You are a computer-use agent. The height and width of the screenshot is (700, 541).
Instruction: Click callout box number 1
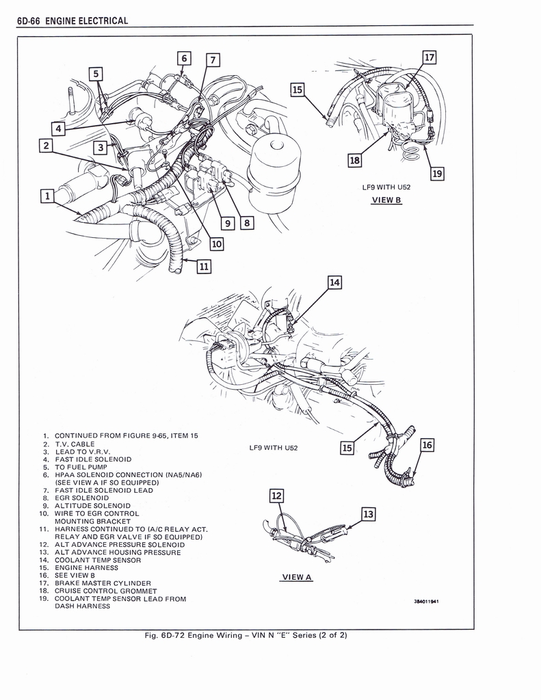click(47, 197)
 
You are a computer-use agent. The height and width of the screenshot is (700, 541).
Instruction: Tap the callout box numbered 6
click(184, 58)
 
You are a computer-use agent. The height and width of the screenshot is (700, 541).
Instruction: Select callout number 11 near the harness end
click(202, 267)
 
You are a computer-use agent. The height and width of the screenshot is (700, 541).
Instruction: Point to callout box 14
click(334, 282)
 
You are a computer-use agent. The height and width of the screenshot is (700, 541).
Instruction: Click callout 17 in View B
click(429, 57)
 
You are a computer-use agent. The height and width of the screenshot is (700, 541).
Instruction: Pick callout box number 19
click(437, 174)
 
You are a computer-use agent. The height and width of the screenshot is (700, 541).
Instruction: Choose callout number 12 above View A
click(277, 496)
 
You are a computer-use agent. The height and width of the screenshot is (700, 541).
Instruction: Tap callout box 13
click(368, 514)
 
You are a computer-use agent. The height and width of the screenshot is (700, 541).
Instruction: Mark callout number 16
click(427, 446)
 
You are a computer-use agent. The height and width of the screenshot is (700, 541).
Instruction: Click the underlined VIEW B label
click(386, 200)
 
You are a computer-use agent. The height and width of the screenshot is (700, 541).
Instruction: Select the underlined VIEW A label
click(297, 577)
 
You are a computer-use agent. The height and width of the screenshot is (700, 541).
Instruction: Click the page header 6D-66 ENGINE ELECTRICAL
click(72, 21)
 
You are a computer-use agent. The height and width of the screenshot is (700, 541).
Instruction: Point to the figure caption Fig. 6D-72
click(246, 635)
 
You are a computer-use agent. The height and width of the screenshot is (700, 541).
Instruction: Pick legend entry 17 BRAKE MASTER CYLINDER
click(103, 583)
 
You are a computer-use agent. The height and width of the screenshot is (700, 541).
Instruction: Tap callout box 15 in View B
click(297, 90)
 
